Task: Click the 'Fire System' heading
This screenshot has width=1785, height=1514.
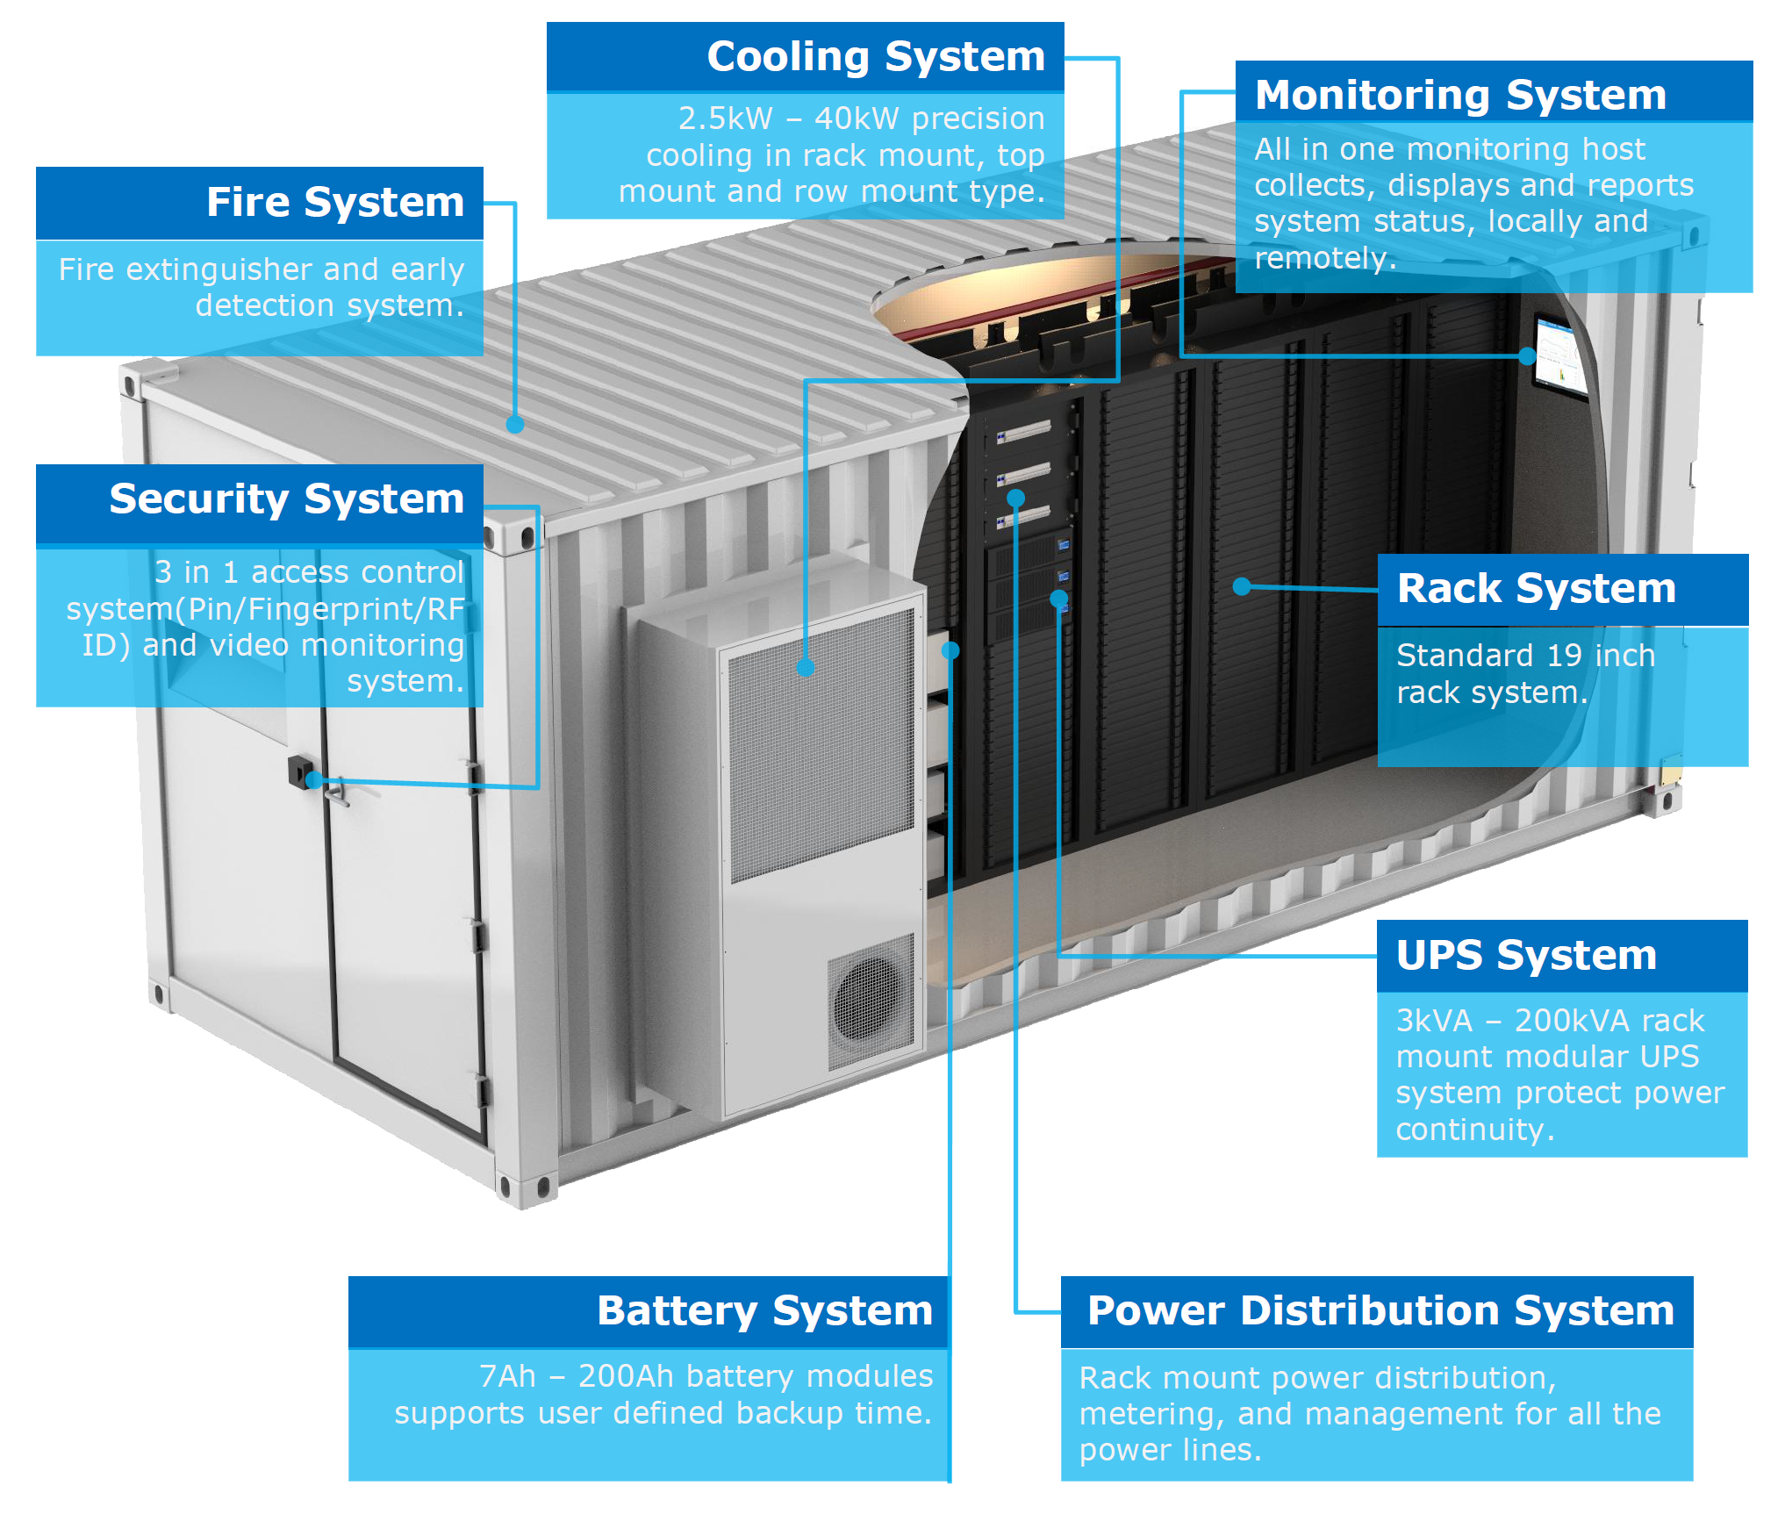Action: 334,202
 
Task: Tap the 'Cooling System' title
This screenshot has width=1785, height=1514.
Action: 876,56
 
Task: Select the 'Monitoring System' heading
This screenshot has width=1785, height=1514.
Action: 1460,95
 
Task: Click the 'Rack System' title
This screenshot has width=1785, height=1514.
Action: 1536,588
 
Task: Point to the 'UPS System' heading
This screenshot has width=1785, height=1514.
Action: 1526,955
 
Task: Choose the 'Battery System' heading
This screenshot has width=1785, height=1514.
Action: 764,1310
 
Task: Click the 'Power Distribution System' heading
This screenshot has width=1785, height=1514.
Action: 1380,1310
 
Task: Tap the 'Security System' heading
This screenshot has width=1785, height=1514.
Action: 286,499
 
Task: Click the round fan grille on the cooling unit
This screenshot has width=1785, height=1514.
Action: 869,1001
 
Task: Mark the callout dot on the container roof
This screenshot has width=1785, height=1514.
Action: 515,424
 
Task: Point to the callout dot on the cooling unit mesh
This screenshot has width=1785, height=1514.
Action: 806,668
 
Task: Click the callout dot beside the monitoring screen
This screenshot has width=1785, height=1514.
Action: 1527,355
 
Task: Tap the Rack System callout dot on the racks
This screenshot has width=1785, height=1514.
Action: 1241,586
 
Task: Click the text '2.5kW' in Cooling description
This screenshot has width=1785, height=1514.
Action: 725,118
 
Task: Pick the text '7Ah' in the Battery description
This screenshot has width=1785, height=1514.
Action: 507,1376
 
